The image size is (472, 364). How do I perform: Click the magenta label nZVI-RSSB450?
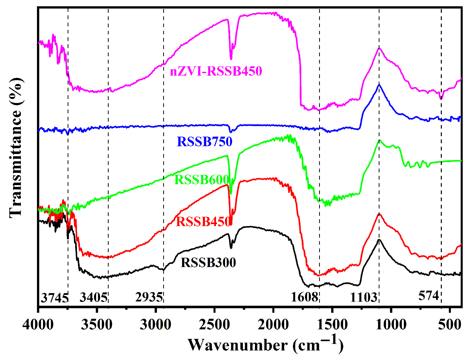[216, 71]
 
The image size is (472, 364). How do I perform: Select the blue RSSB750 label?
[204, 142]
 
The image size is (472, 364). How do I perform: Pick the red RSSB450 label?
[203, 222]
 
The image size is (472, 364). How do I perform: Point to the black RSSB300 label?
[208, 263]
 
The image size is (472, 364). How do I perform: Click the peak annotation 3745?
[55, 298]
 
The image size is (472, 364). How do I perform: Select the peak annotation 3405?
[94, 298]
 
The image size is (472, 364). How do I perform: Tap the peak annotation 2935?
[149, 297]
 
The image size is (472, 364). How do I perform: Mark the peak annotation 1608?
[305, 297]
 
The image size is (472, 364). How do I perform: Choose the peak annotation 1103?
[364, 298]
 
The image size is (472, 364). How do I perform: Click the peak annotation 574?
[428, 296]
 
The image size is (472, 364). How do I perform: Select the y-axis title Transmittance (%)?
[16, 148]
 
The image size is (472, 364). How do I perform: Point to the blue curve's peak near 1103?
[379, 85]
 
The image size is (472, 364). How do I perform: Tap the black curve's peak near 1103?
[379, 240]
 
